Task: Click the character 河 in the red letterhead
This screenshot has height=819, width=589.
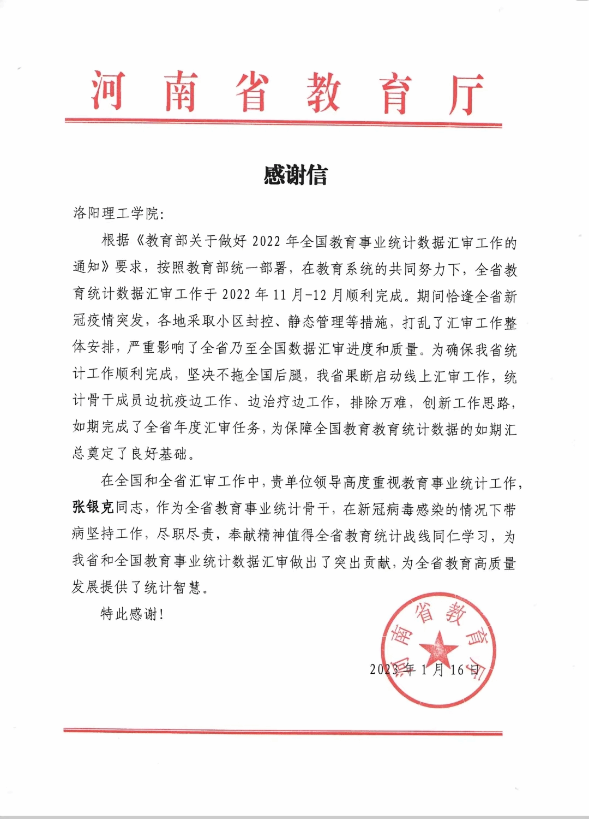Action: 108,91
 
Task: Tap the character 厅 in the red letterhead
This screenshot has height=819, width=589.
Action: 466,94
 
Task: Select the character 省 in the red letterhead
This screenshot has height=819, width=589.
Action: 251,93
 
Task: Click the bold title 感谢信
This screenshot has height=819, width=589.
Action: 295,175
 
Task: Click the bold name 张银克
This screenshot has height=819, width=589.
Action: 93,507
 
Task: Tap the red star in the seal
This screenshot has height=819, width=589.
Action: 439,648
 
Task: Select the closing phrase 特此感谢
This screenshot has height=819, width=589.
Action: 129,614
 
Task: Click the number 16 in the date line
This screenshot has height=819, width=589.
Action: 457,670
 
